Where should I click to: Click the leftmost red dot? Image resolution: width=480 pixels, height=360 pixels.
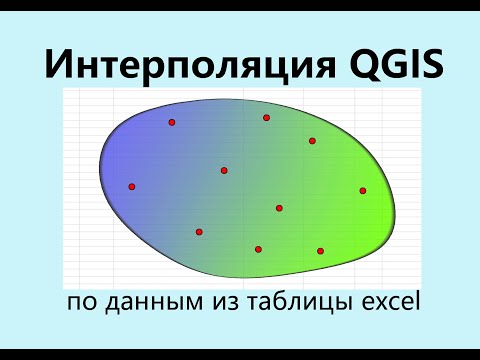point(131,187)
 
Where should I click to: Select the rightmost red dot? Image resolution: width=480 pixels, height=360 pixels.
point(363,190)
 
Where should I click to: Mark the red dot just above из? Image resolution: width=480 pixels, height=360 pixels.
point(199,232)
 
